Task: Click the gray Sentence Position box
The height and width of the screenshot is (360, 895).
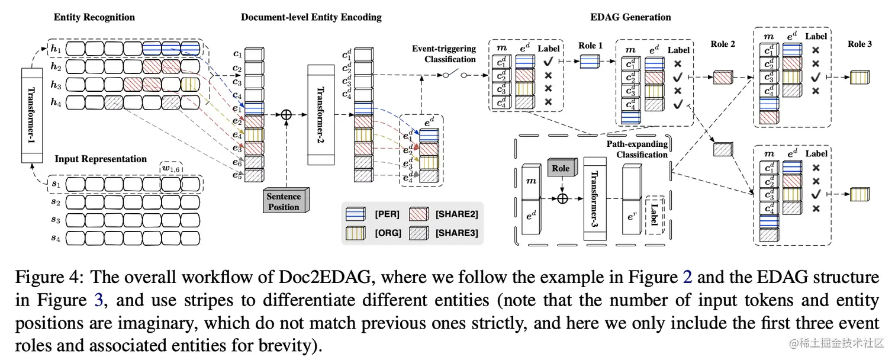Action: pos(284,201)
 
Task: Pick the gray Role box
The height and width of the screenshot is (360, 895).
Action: pos(560,169)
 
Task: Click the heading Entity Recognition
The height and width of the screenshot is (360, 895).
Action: pos(94,17)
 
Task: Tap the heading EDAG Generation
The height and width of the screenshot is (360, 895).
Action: pos(631,17)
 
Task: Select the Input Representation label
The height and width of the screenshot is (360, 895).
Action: pos(101,159)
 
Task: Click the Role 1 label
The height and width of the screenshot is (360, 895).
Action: pos(591,45)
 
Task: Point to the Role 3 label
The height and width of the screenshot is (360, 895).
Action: pos(859,44)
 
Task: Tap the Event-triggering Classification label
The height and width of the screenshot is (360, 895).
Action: pos(444,54)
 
